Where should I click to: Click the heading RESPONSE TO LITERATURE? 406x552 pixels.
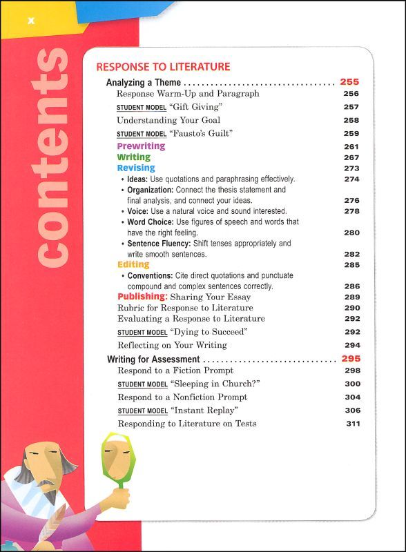(163, 67)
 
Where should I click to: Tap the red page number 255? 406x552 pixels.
(350, 82)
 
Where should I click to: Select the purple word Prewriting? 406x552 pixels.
(141, 146)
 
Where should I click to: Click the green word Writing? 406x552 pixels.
(133, 157)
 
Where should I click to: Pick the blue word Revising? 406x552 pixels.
(135, 168)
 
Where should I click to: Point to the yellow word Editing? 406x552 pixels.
(133, 264)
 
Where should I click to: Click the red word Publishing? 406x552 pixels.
(142, 297)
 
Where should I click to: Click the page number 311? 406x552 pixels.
(352, 423)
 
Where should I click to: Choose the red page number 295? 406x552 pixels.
(351, 359)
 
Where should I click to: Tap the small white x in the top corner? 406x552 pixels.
(30, 23)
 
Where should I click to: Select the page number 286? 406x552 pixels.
(351, 286)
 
